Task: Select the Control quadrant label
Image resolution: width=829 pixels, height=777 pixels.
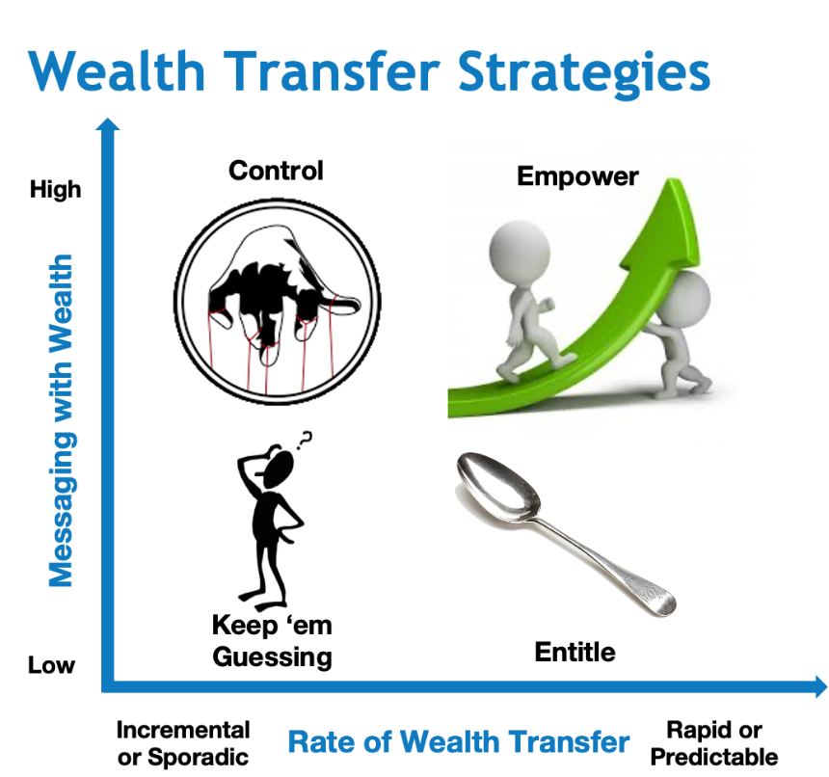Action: [x=276, y=171]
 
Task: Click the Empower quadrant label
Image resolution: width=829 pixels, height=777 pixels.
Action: [x=577, y=176]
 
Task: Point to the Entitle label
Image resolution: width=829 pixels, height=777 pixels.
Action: [x=575, y=653]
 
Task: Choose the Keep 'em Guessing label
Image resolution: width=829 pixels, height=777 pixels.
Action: [x=272, y=642]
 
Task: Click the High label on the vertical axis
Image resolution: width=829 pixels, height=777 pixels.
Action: [x=55, y=190]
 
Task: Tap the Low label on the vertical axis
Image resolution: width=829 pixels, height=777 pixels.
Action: [x=51, y=665]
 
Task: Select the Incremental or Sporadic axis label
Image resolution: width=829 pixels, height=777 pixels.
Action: [x=182, y=743]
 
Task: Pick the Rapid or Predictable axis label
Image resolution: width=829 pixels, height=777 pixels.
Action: [x=714, y=743]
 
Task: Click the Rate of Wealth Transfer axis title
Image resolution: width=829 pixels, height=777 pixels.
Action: [x=459, y=742]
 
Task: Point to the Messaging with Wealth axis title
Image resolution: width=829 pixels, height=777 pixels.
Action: [x=61, y=419]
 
